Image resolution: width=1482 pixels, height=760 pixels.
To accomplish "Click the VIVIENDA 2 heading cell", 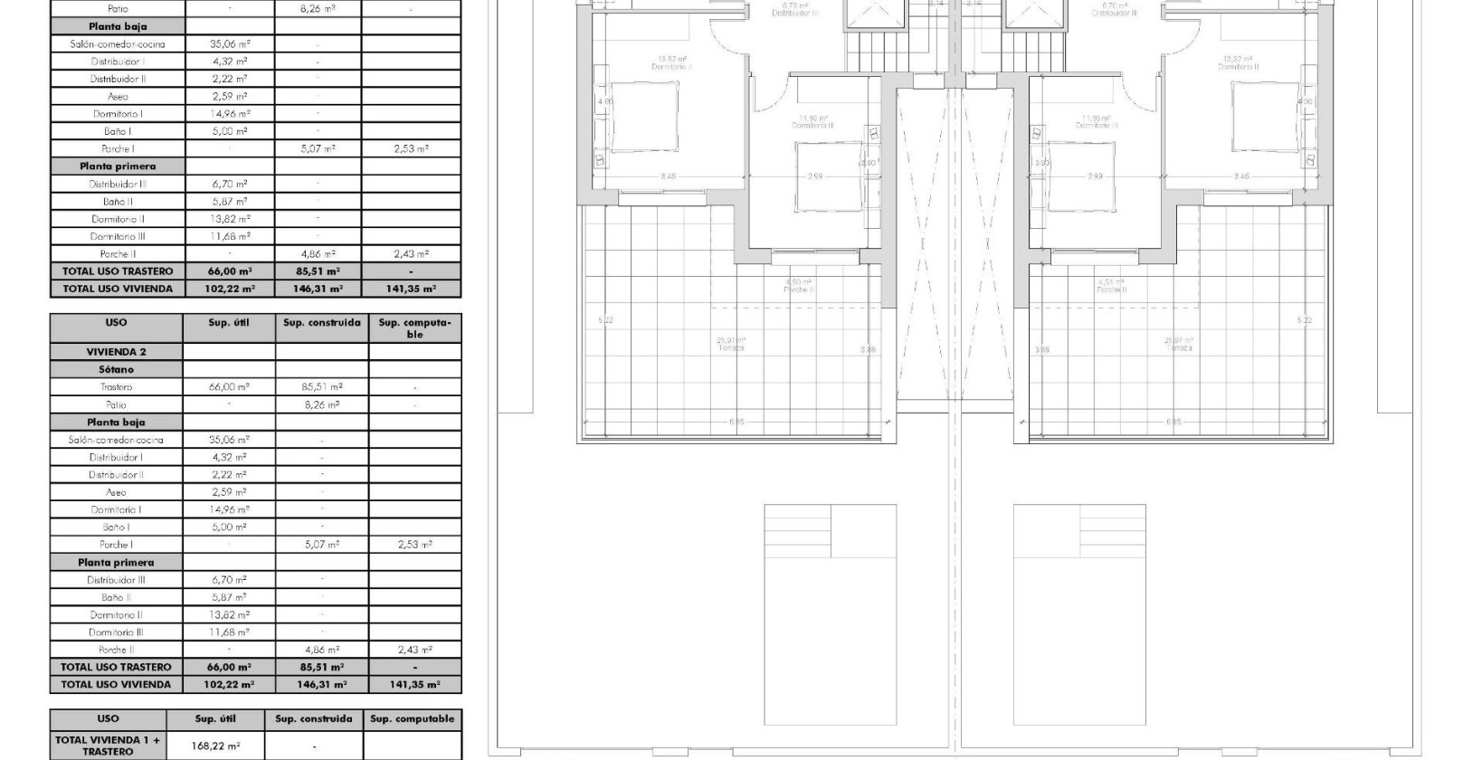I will [x=117, y=352].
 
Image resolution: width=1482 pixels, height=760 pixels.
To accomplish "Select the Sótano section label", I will [x=117, y=369].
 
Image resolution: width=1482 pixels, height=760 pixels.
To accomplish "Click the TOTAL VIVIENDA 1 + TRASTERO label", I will [x=108, y=746].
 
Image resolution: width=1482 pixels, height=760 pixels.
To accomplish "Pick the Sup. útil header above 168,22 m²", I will [x=216, y=719].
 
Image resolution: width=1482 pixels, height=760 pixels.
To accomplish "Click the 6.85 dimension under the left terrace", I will [x=738, y=422].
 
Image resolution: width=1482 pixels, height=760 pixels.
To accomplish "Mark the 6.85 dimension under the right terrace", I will [x=1173, y=422].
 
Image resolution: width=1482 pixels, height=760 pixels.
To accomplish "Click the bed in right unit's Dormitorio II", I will [x=1265, y=117].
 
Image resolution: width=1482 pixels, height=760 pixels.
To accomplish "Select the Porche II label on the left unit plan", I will [x=797, y=287].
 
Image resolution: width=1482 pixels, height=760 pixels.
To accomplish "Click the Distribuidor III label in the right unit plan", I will [x=1114, y=11].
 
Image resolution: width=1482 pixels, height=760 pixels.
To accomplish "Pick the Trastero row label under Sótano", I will [x=117, y=386].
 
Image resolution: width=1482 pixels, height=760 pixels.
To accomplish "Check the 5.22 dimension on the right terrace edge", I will [x=1304, y=320].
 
